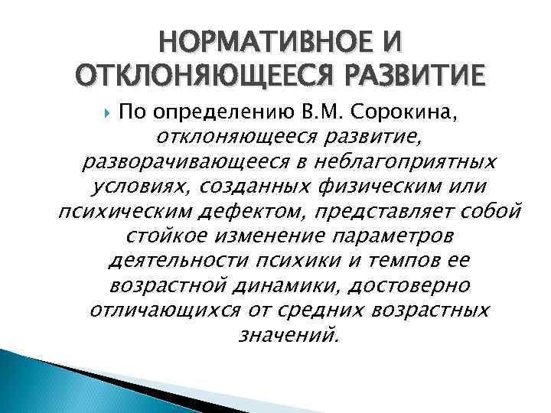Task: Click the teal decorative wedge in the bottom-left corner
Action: tap(23, 375)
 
